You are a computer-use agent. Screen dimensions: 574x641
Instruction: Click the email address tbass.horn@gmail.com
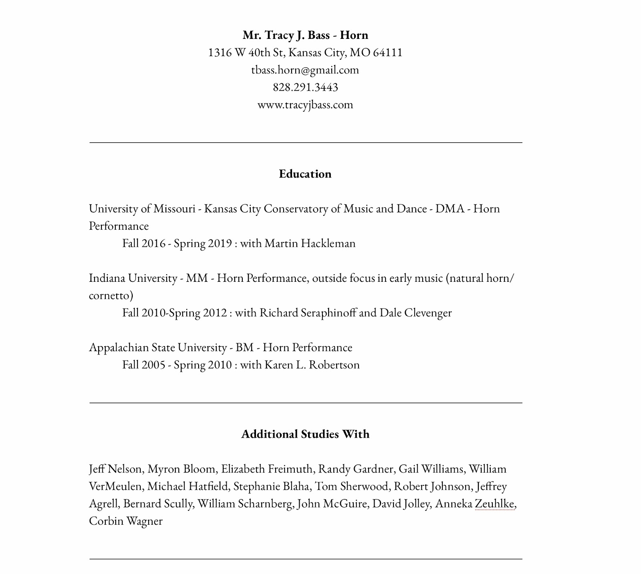pos(305,70)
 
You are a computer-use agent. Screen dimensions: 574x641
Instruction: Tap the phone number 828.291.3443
pos(305,87)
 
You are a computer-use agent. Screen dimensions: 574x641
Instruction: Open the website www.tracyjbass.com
pos(305,105)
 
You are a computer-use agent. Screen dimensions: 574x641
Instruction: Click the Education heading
pos(305,174)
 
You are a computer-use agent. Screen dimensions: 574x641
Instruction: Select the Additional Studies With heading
pos(305,434)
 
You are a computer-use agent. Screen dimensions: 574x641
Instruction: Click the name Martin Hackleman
pos(310,243)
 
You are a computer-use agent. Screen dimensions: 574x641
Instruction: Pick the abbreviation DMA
pos(450,209)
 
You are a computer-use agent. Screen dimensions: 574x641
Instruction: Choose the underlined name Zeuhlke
pos(494,504)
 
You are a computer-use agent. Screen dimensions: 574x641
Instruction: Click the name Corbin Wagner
pos(126,521)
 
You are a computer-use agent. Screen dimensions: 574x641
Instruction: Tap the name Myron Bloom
pos(182,469)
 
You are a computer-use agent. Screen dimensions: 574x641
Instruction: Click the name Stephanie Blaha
pos(272,487)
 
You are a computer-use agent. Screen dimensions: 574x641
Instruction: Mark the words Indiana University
pos(133,278)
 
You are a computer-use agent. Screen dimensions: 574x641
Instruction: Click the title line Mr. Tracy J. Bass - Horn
pos(305,35)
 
